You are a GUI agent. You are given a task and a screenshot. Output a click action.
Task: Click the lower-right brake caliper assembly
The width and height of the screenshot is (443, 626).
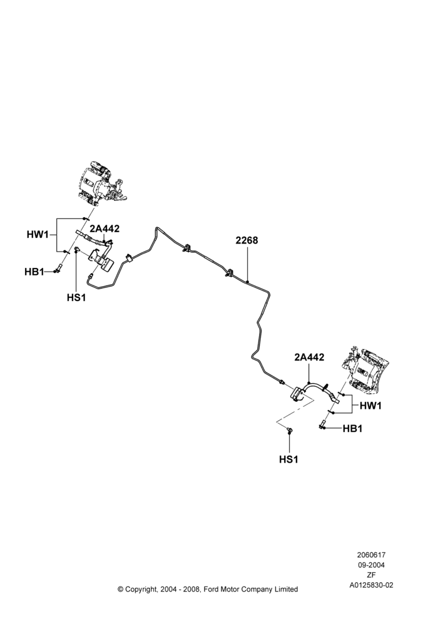[364, 368]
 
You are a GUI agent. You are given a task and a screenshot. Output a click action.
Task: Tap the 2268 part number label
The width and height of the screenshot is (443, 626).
[247, 240]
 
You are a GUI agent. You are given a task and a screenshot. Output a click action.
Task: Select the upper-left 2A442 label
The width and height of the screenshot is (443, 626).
[104, 228]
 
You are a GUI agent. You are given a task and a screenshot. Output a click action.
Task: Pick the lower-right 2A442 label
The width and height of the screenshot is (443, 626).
[309, 357]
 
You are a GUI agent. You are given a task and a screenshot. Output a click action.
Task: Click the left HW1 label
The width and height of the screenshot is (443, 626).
[37, 234]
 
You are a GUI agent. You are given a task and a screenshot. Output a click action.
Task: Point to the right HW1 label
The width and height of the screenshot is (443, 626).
[371, 406]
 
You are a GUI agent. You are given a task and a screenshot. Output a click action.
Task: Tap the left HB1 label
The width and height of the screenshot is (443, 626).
[34, 272]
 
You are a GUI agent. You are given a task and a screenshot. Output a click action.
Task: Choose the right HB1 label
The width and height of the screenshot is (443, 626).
[353, 428]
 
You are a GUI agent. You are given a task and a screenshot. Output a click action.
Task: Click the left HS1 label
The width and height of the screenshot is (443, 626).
[76, 297]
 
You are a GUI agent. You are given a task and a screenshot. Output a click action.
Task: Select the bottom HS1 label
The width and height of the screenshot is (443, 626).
[288, 459]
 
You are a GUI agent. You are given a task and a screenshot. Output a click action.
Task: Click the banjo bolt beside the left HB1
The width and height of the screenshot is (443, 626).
[59, 269]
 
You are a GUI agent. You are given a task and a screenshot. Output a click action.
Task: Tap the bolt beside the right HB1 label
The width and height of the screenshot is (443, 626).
[323, 424]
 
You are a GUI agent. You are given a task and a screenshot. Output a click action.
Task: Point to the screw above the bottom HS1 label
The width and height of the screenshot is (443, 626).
[289, 429]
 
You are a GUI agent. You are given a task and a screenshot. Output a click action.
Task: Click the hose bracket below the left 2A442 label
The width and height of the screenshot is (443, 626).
[101, 260]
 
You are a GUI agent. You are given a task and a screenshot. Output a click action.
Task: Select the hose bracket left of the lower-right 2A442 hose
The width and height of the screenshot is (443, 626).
[298, 394]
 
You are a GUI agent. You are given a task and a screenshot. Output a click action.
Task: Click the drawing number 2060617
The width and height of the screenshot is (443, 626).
[371, 555]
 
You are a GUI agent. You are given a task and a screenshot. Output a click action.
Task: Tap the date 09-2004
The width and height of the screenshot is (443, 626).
[371, 565]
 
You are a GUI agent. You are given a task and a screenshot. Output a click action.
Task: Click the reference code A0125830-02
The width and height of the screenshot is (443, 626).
[371, 585]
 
